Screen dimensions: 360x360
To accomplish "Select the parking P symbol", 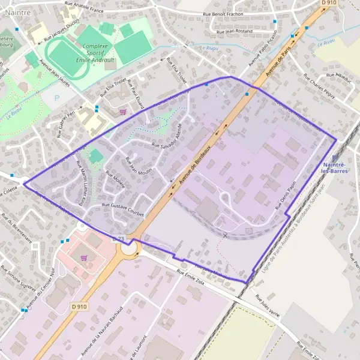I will click(57, 98).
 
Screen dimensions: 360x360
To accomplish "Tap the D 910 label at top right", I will click(329, 4).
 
